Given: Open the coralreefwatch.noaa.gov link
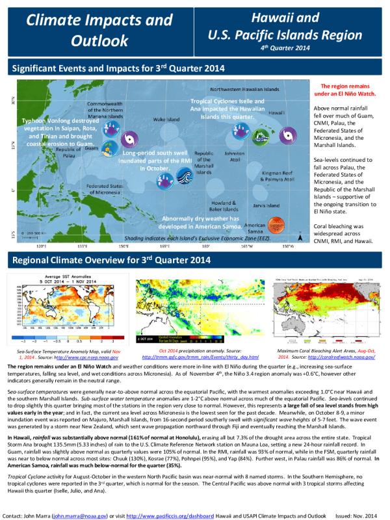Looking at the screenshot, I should [x=341, y=357].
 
